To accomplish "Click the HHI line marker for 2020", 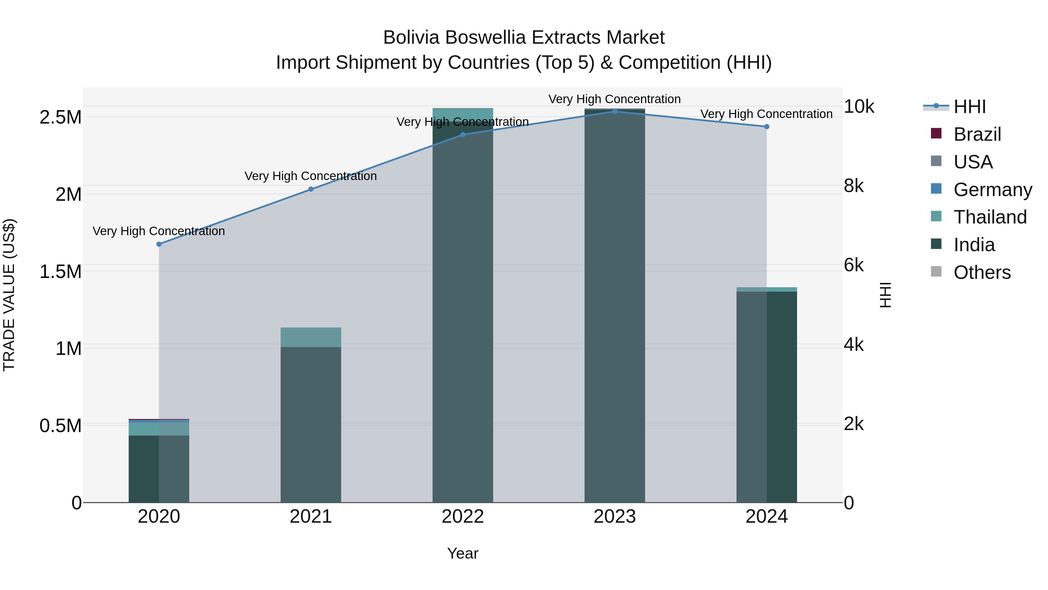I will click(159, 244).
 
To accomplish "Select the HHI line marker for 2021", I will click(311, 189).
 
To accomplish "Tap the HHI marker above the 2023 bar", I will click(615, 111).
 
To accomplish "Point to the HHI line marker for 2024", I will click(766, 127).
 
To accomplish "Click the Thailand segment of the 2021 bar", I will click(311, 337).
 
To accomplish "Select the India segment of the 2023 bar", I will click(615, 305).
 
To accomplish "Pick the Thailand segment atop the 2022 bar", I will click(463, 112).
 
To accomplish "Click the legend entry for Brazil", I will click(976, 134).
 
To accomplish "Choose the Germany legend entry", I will click(992, 189).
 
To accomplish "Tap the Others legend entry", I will click(981, 272).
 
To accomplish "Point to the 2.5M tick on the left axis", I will click(61, 117).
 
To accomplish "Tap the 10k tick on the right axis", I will click(859, 106).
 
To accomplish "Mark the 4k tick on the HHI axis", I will click(854, 344).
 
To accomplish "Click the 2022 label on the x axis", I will click(463, 516).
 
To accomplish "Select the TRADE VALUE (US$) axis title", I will click(9, 295).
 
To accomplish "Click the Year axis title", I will click(463, 553).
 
